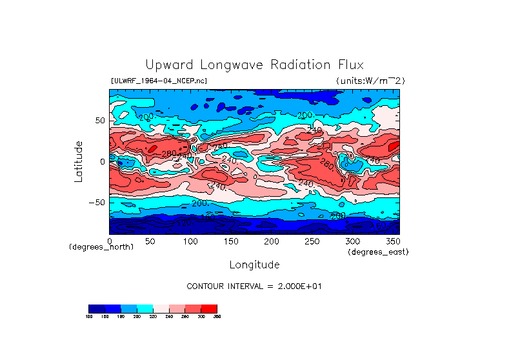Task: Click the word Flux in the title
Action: [x=349, y=65]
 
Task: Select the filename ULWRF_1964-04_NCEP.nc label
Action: [x=159, y=81]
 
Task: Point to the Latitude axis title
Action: [x=79, y=161]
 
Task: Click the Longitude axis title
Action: [x=254, y=265]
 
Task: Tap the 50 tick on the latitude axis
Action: [x=99, y=121]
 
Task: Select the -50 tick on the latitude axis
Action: [x=97, y=202]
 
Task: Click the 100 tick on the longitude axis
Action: [x=190, y=241]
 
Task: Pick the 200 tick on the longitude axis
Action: [x=271, y=241]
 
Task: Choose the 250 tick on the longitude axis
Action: [x=312, y=241]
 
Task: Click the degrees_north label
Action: [x=101, y=247]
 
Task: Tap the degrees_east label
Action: [x=378, y=252]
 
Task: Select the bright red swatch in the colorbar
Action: [x=209, y=308]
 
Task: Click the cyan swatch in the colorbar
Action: [x=145, y=308]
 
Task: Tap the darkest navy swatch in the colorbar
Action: [x=96, y=308]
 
